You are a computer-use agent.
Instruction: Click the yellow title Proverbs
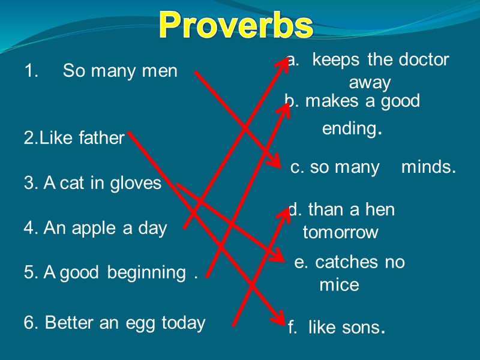tap(236, 25)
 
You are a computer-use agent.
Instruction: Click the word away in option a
tap(370, 82)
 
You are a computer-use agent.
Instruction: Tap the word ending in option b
tap(349, 128)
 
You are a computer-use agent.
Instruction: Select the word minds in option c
tap(427, 167)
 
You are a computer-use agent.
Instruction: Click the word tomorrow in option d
tap(340, 232)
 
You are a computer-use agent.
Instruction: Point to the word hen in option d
tap(379, 210)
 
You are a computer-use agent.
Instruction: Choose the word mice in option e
tap(339, 284)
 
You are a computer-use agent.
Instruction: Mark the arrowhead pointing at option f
tap(280, 321)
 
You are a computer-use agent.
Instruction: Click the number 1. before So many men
tap(31, 71)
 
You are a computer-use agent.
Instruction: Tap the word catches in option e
tap(346, 262)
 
